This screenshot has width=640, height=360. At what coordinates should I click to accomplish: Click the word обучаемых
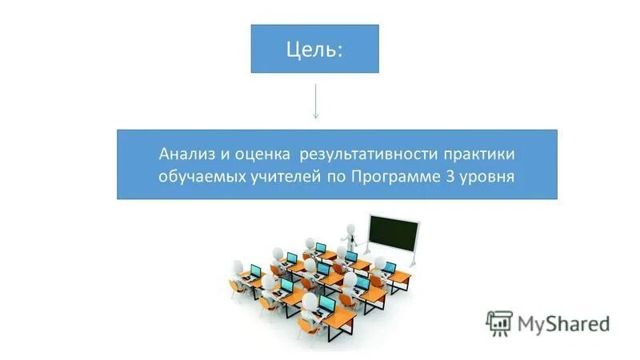(x=197, y=176)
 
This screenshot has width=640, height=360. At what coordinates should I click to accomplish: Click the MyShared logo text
(x=563, y=324)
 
